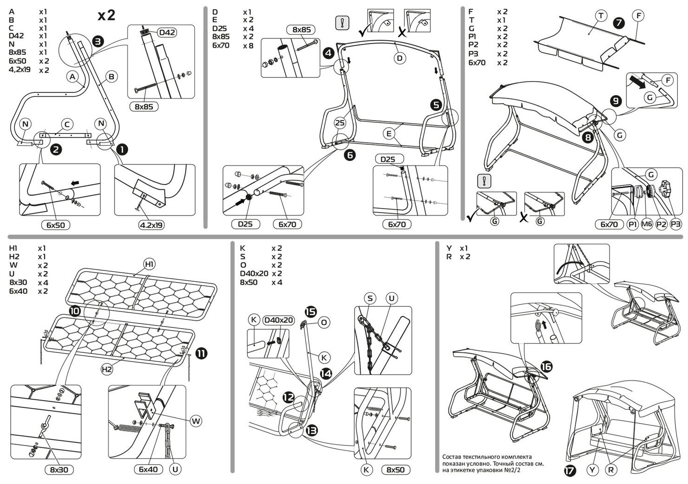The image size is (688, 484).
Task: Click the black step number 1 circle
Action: point(122,149)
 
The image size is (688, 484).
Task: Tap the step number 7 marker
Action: point(618,22)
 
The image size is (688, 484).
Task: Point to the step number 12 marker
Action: point(288,397)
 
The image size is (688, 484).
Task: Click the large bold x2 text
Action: point(106,15)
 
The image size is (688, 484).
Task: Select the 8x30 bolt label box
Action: point(59,470)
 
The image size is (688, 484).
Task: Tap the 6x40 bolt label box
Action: point(148,470)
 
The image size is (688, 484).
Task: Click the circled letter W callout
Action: point(196,421)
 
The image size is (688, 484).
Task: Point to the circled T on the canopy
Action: point(601,16)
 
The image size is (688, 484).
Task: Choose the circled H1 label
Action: point(149,264)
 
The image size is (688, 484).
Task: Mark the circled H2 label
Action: point(107,369)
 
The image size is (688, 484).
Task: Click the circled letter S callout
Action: point(370,299)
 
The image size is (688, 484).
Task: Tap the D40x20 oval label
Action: point(278,320)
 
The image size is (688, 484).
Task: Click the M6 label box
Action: point(647,224)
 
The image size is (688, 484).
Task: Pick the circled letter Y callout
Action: point(592,470)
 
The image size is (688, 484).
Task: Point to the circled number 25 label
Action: point(340,123)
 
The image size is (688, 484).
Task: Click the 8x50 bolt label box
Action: point(395,470)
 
